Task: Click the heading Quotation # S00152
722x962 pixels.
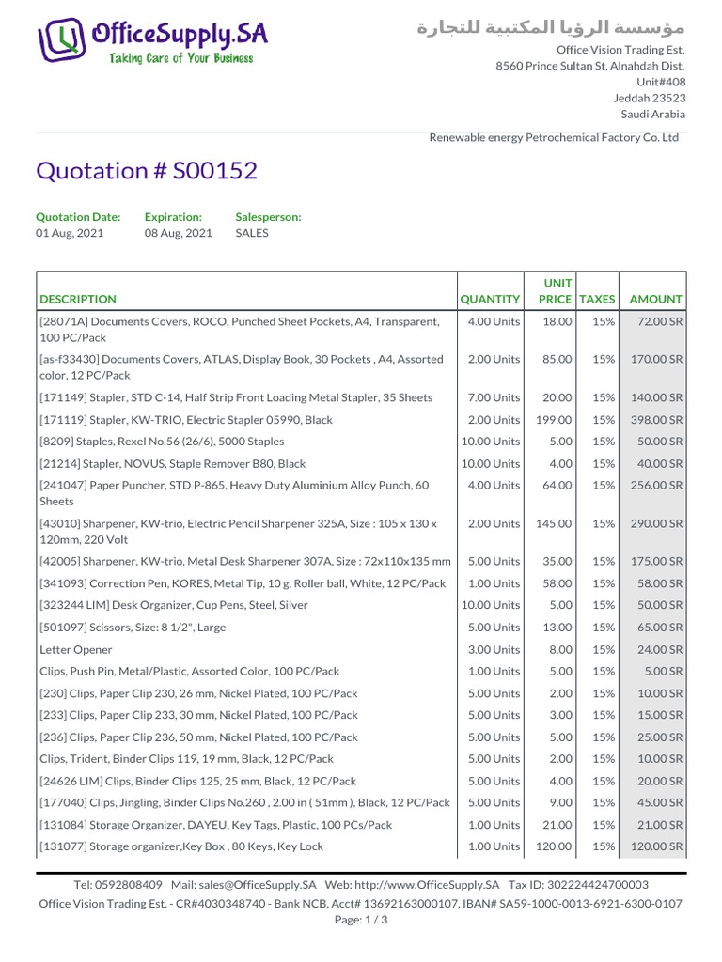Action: click(146, 171)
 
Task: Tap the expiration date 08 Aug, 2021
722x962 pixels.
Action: click(178, 233)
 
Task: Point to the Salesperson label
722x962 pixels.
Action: click(268, 216)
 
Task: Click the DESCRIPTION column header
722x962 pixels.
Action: click(78, 299)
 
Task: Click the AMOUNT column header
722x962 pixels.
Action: click(655, 299)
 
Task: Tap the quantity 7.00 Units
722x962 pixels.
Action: click(493, 397)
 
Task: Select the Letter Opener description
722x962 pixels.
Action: click(76, 649)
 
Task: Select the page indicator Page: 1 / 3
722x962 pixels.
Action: click(361, 921)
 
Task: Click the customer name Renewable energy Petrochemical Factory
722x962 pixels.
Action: click(554, 137)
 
